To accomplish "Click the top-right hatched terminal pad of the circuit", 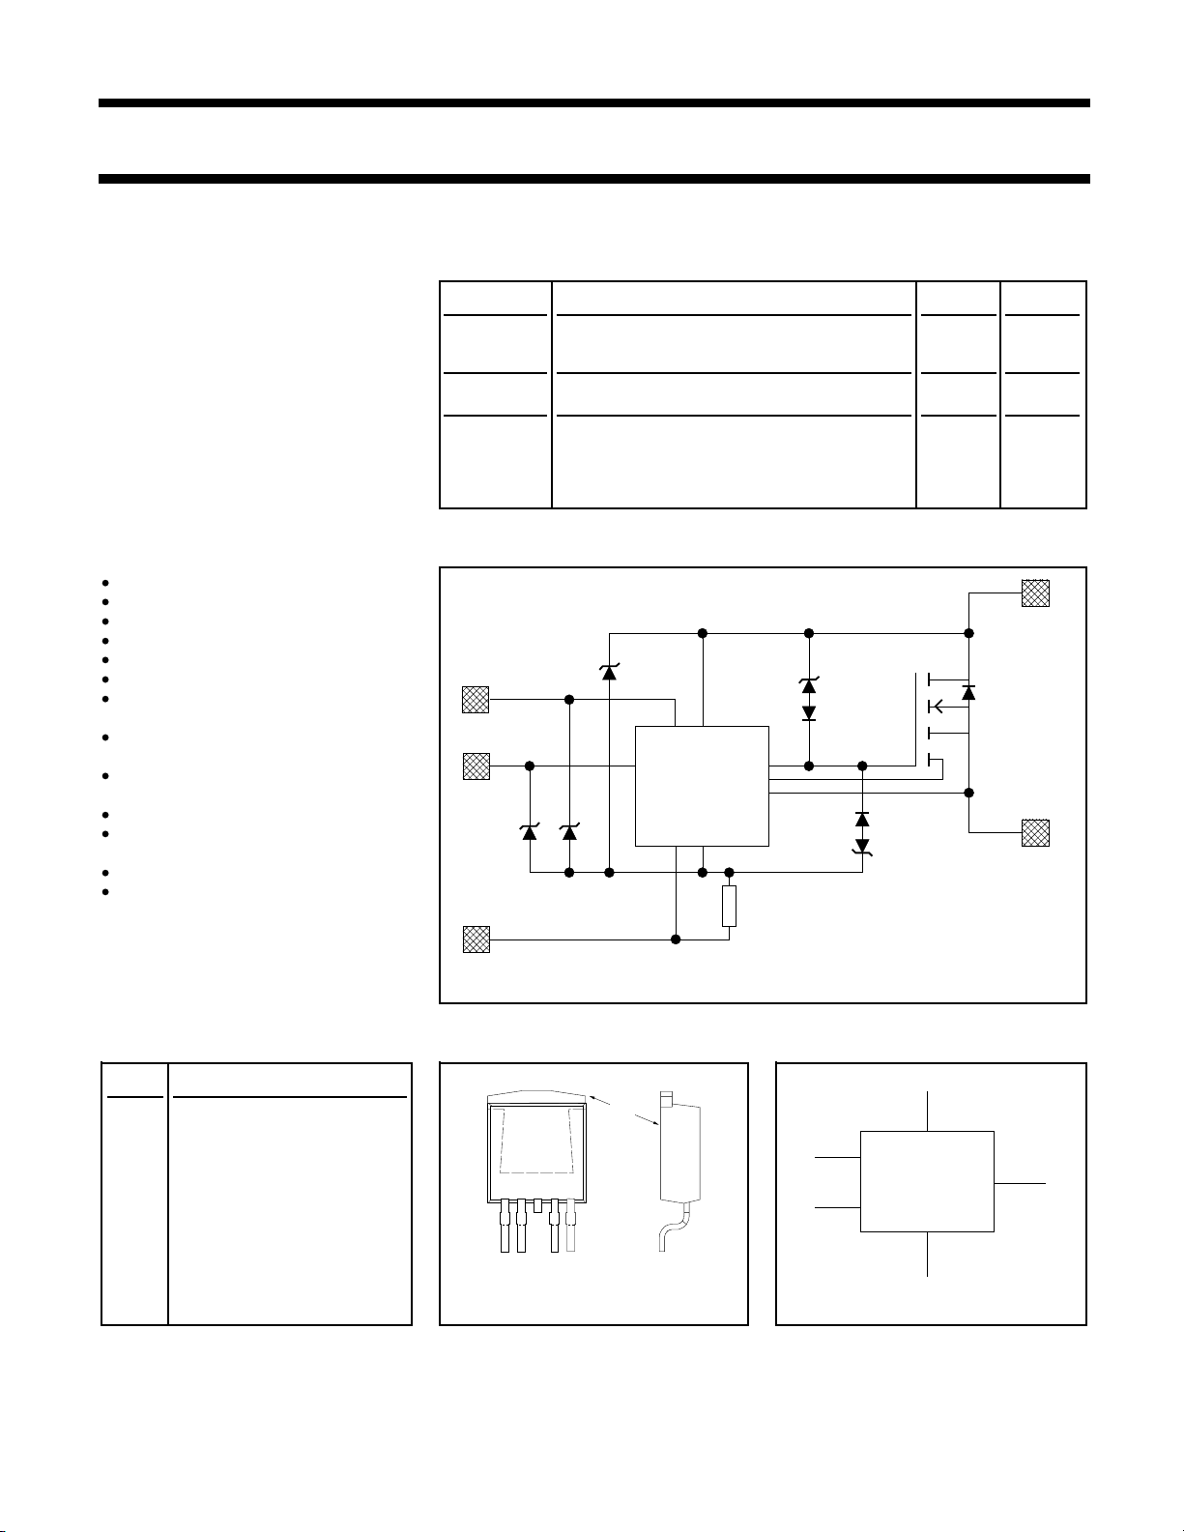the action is click(x=1035, y=593).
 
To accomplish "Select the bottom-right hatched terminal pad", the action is click(x=1035, y=832).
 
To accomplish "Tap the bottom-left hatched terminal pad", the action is click(x=476, y=939).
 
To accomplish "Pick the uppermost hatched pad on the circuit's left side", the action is click(x=476, y=699).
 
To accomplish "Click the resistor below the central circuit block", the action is click(x=730, y=906).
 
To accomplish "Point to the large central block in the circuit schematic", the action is click(x=702, y=786).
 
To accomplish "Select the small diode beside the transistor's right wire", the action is click(x=968, y=692).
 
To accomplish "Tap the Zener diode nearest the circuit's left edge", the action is click(x=530, y=831).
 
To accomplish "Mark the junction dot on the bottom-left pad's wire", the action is click(x=677, y=939).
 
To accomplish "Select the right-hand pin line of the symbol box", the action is click(x=1020, y=1182).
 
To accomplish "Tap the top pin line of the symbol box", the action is click(x=928, y=1111).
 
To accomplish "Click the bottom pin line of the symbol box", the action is click(x=928, y=1254).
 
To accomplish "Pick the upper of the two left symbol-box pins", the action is click(x=838, y=1156).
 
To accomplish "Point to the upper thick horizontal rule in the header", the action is click(x=593, y=102).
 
